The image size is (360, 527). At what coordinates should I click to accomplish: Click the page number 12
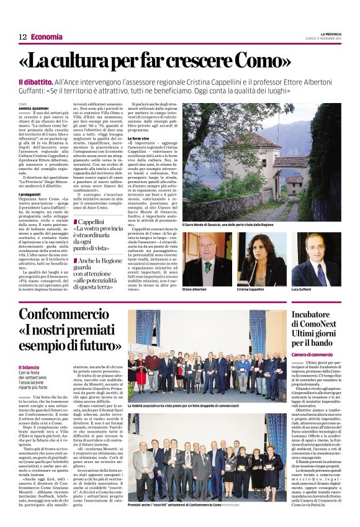tap(22, 37)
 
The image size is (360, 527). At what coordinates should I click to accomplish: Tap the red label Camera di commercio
tap(313, 354)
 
